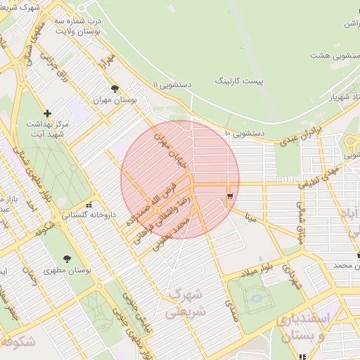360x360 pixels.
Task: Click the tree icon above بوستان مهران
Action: (x=115, y=89)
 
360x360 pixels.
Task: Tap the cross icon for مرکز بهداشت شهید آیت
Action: (x=47, y=112)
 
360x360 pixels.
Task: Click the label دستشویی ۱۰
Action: (x=244, y=133)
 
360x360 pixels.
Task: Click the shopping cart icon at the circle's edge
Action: (x=230, y=195)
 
